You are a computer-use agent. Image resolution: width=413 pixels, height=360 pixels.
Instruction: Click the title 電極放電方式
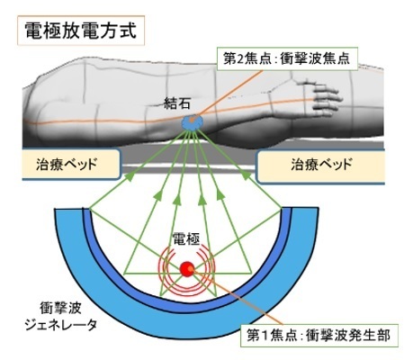(81, 31)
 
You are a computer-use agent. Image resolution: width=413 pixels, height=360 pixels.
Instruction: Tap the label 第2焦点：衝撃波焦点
(287, 58)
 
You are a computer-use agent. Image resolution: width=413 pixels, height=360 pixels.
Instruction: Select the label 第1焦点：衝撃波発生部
(319, 336)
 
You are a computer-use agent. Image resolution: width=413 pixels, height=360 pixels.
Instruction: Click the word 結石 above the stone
(177, 103)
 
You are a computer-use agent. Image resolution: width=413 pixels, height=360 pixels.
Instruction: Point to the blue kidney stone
(193, 122)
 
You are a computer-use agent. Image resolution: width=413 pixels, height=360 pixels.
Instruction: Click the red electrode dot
(187, 269)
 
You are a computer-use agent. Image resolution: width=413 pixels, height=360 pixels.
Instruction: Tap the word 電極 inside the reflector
(186, 239)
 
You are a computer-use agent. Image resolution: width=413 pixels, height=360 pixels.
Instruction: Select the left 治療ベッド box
(72, 165)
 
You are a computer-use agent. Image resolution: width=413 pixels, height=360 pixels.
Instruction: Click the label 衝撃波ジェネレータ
(61, 317)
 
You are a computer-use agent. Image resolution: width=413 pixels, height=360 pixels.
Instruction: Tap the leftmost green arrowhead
(129, 176)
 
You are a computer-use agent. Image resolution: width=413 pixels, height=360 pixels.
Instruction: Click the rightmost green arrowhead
(247, 175)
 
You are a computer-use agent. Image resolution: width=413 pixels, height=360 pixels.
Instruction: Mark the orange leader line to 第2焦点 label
(229, 93)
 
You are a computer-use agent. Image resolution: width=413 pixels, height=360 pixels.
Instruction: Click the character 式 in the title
(129, 31)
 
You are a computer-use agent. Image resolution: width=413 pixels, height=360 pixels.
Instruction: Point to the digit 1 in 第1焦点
(264, 336)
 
